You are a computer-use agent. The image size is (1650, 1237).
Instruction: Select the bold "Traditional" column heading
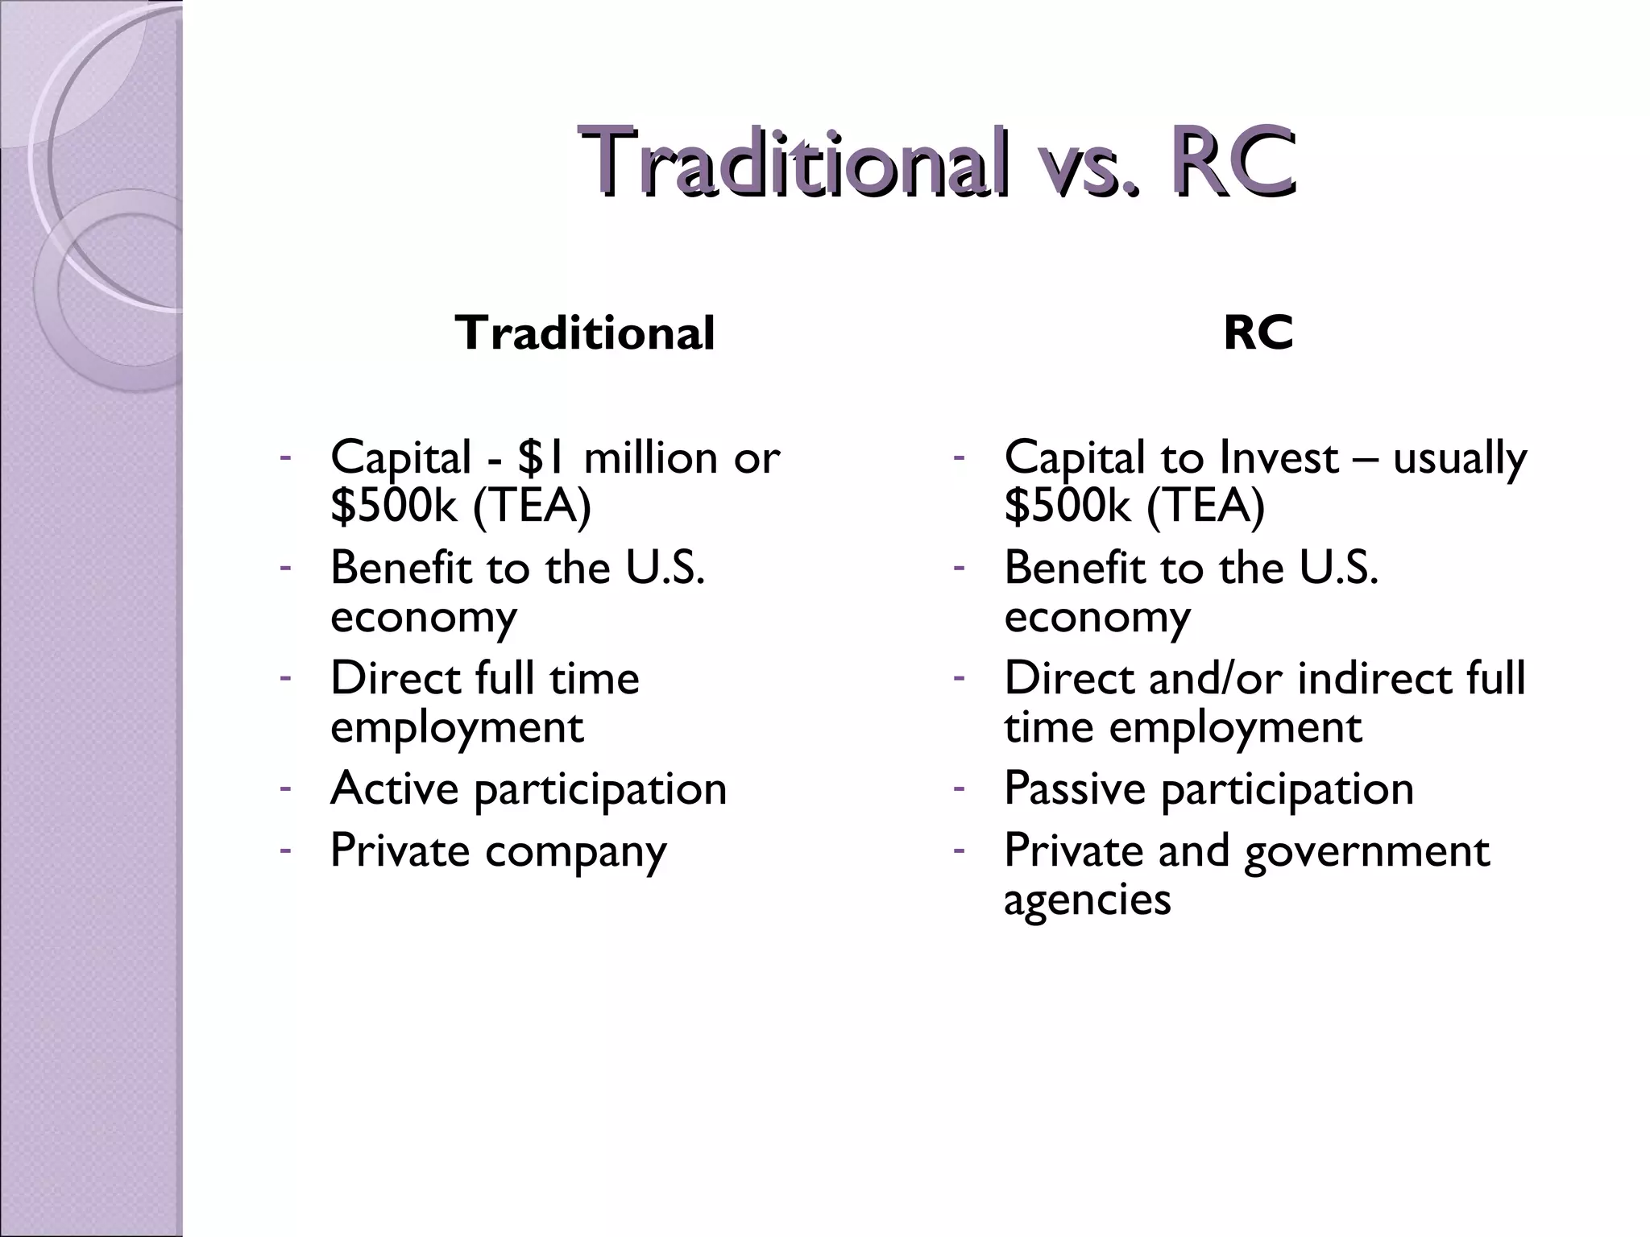584,333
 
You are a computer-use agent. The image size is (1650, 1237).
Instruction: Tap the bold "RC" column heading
1258,333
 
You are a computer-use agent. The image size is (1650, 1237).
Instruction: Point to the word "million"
650,457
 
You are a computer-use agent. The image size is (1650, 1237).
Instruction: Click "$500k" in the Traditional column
393,506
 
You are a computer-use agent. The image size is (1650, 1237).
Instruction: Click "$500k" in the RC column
1067,506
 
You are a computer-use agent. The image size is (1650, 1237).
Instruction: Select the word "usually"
1459,459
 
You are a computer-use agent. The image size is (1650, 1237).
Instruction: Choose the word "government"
1366,852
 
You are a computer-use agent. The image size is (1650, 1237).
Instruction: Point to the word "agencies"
1087,900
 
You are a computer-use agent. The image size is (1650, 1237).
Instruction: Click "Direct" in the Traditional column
396,678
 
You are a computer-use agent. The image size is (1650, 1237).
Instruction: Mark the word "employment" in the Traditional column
457,728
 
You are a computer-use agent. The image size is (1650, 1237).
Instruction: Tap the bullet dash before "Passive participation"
958,787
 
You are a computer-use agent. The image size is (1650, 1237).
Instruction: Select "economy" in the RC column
1097,618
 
